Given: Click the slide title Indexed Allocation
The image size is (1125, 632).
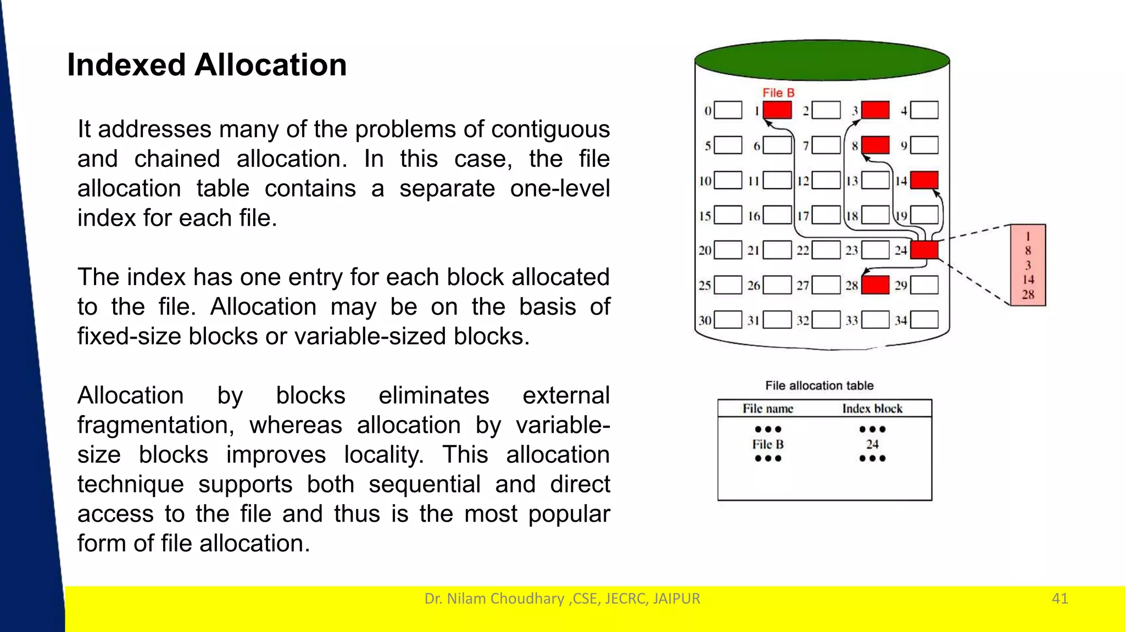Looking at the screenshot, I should [207, 65].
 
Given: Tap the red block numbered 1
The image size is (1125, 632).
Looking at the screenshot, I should [777, 110].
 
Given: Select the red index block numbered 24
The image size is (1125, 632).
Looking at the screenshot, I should [924, 250].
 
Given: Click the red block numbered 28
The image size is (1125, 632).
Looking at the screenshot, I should [875, 285].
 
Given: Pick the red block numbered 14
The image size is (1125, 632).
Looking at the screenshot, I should [924, 180].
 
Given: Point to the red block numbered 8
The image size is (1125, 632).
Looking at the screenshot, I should [875, 145].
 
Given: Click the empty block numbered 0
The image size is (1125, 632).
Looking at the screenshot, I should [728, 110].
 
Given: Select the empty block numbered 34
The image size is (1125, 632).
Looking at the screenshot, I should [924, 320].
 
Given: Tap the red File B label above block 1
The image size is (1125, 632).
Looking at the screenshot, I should [778, 93].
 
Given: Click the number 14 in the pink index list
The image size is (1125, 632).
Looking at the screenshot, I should [1028, 279].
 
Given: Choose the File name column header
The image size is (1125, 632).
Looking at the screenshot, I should [767, 409].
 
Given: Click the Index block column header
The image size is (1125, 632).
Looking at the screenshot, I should [872, 409].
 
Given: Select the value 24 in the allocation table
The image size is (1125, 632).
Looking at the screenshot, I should [872, 444].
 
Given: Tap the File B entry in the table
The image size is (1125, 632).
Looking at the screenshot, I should [767, 444].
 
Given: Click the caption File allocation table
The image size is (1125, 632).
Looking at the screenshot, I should [819, 385].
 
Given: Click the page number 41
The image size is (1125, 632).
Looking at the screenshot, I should [1060, 598].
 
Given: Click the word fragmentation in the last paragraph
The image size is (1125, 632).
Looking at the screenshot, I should [155, 426].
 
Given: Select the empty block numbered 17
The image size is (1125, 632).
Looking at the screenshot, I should [826, 215].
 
